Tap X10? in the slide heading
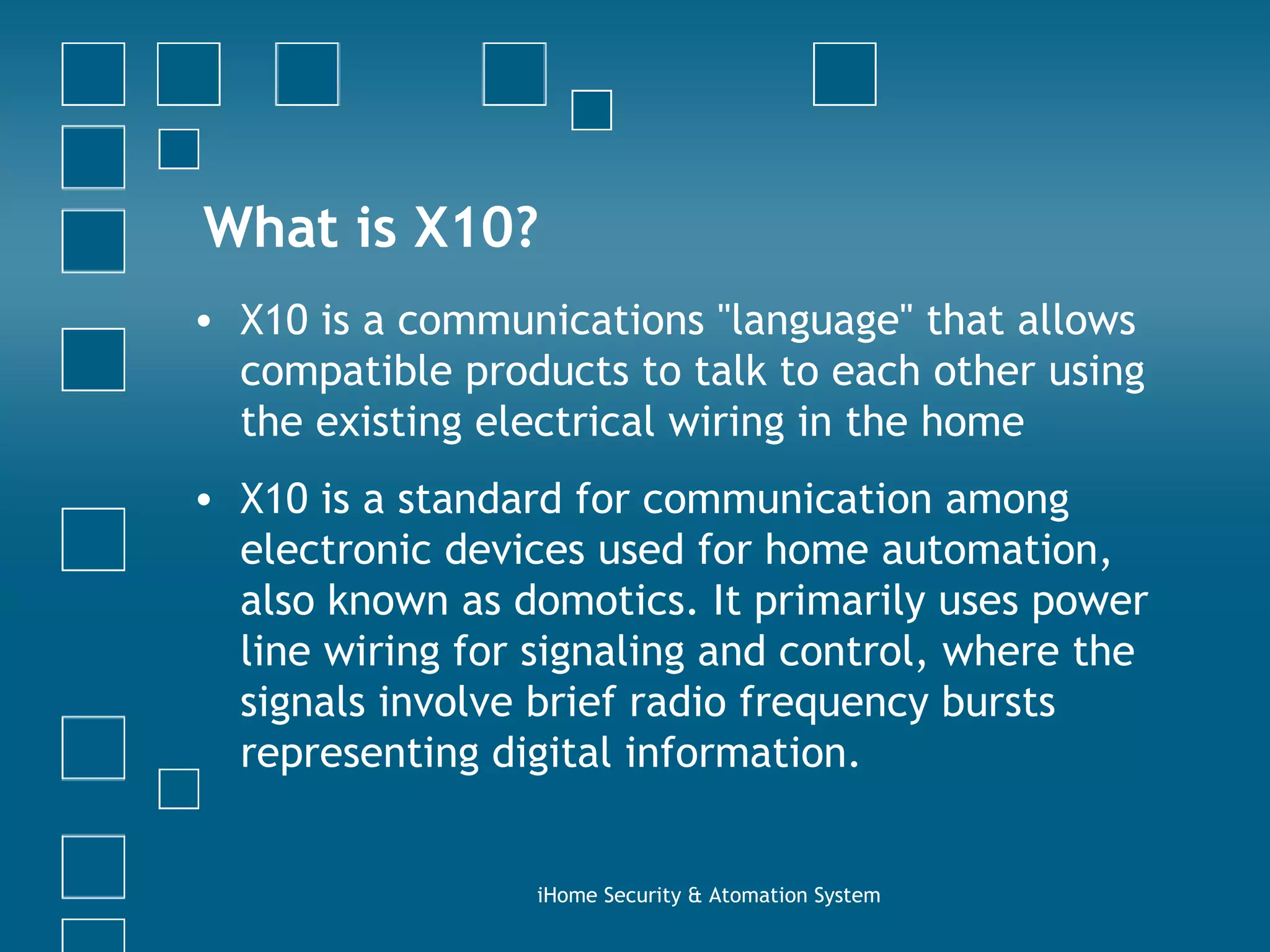click(x=475, y=227)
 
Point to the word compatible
click(x=346, y=372)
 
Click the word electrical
click(x=564, y=422)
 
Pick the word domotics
click(x=606, y=601)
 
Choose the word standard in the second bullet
click(x=479, y=499)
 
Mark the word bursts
click(x=998, y=702)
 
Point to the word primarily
click(x=839, y=602)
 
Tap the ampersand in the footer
click(x=695, y=896)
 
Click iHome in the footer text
click(x=567, y=896)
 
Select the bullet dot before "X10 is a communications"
click(x=203, y=322)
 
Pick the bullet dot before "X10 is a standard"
click(x=203, y=500)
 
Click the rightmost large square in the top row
click(x=845, y=74)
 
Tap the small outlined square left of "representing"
click(x=179, y=789)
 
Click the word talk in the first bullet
click(x=730, y=372)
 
